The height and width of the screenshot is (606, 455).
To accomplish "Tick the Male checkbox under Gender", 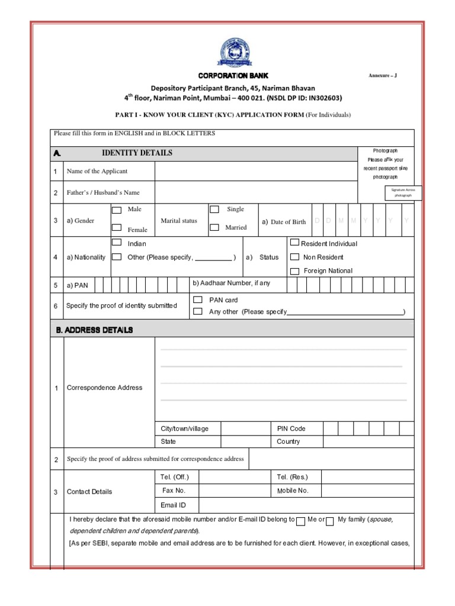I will (x=117, y=209).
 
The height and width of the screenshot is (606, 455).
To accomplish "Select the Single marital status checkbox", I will (x=214, y=209).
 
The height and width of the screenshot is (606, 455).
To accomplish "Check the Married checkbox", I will (x=214, y=227).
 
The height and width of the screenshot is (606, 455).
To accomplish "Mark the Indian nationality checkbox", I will (x=117, y=243).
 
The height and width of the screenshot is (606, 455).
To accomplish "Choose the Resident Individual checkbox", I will (x=294, y=243).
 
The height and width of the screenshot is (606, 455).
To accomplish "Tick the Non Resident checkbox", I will (x=294, y=257).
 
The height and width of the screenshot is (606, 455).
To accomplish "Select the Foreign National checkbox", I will (x=294, y=271).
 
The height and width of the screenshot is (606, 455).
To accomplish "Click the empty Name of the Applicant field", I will (x=256, y=171).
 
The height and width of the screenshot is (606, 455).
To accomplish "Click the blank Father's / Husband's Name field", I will (x=256, y=192).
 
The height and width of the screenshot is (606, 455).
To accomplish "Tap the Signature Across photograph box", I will (x=403, y=192).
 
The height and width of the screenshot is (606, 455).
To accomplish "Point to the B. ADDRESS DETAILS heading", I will (x=95, y=330).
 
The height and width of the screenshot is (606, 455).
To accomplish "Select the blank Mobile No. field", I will (x=367, y=491).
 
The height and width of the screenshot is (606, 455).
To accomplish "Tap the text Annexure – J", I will (x=387, y=76).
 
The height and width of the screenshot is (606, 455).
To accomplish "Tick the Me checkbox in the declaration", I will (x=301, y=521).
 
